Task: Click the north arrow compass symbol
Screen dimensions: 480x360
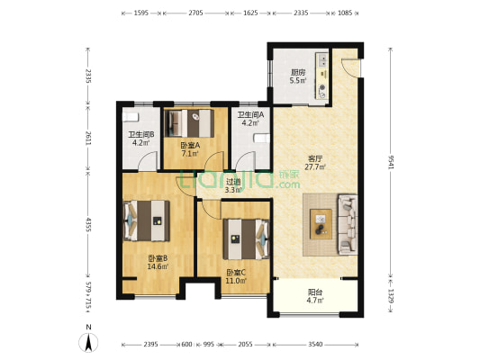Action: [88, 340]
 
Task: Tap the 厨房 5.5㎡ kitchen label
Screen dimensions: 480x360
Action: [298, 76]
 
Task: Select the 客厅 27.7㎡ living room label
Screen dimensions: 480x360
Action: [315, 163]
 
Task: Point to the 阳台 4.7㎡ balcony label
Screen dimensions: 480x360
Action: [315, 296]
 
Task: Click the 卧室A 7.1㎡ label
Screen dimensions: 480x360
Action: [190, 149]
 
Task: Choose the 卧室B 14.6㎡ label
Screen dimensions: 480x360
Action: [158, 263]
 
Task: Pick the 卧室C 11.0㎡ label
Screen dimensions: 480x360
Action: [236, 276]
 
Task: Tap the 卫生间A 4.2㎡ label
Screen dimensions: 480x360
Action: [250, 119]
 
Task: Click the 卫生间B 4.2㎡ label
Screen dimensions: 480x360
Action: [140, 139]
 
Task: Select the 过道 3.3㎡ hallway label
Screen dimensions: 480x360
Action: [233, 186]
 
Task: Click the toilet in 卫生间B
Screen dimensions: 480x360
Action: [131, 117]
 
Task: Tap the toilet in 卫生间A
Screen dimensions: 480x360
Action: [262, 139]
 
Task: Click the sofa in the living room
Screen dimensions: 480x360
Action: [348, 224]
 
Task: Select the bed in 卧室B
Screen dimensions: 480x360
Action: [146, 220]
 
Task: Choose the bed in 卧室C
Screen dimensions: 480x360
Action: [246, 238]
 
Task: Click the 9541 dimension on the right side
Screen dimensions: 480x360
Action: [390, 162]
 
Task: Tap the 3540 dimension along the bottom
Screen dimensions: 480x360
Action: [315, 345]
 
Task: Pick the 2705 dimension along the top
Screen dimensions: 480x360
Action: [195, 13]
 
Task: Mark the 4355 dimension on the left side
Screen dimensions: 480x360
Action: [88, 224]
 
